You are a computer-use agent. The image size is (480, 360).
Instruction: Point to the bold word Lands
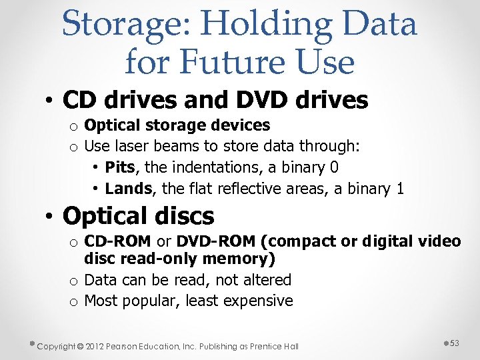tap(129, 189)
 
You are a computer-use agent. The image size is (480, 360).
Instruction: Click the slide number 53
tap(455, 342)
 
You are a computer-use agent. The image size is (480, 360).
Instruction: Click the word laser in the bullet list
tap(132, 146)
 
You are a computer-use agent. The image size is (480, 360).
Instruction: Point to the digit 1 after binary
tap(400, 189)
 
